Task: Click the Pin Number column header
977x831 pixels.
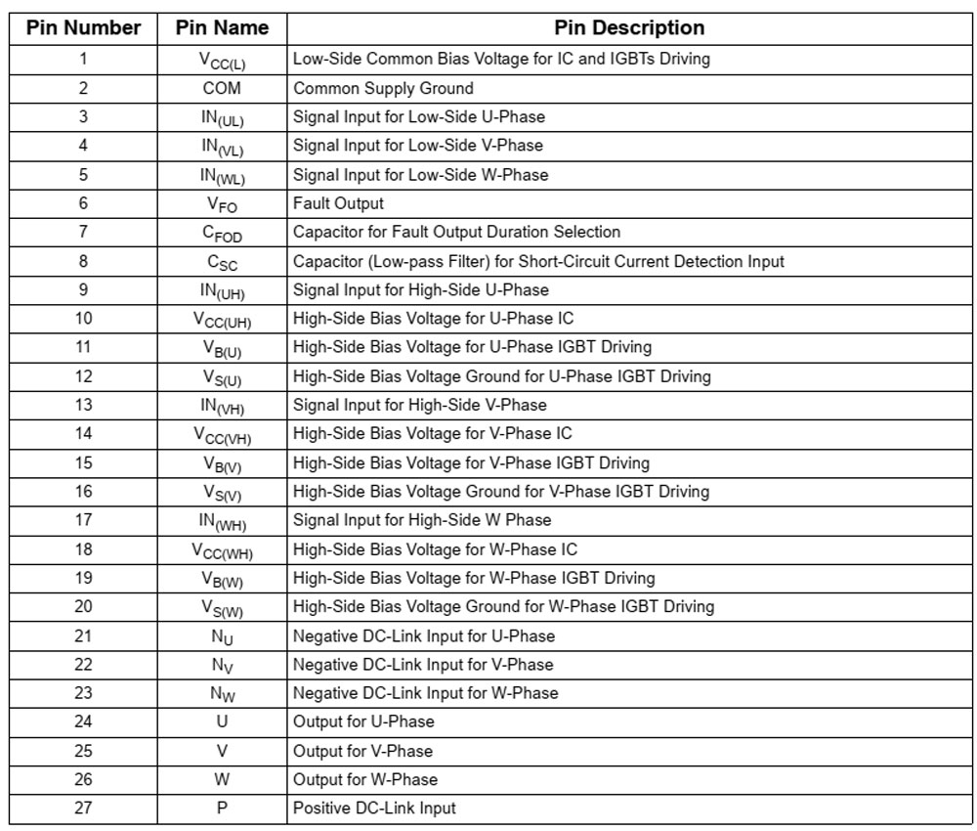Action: click(x=83, y=28)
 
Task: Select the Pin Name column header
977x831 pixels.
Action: click(x=222, y=28)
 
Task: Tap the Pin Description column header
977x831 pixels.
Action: click(x=629, y=28)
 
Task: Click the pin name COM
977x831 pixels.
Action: click(x=222, y=88)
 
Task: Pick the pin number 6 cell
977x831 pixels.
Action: click(x=83, y=203)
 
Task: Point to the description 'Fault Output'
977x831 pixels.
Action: click(x=338, y=203)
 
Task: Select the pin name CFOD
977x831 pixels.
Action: click(x=223, y=234)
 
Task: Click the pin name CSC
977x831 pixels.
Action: click(x=222, y=262)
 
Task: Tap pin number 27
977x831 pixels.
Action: click(x=83, y=809)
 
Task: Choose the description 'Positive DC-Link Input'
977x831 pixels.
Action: click(x=374, y=809)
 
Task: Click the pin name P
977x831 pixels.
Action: click(x=222, y=809)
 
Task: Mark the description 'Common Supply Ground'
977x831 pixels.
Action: click(x=383, y=88)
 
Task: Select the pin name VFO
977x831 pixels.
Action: click(x=222, y=204)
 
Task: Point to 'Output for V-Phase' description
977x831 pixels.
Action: click(x=362, y=751)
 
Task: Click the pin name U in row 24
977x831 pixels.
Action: click(x=222, y=722)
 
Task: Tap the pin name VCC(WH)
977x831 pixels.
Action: click(x=222, y=550)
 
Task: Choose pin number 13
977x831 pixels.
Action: click(x=83, y=405)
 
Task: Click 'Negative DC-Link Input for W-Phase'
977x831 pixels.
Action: click(x=425, y=693)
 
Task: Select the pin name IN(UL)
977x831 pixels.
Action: click(x=222, y=118)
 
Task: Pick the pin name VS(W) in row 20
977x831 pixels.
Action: click(x=222, y=608)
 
